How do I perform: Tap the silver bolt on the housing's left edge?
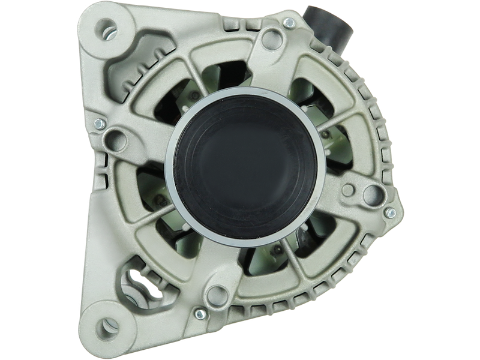coord(101,124)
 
